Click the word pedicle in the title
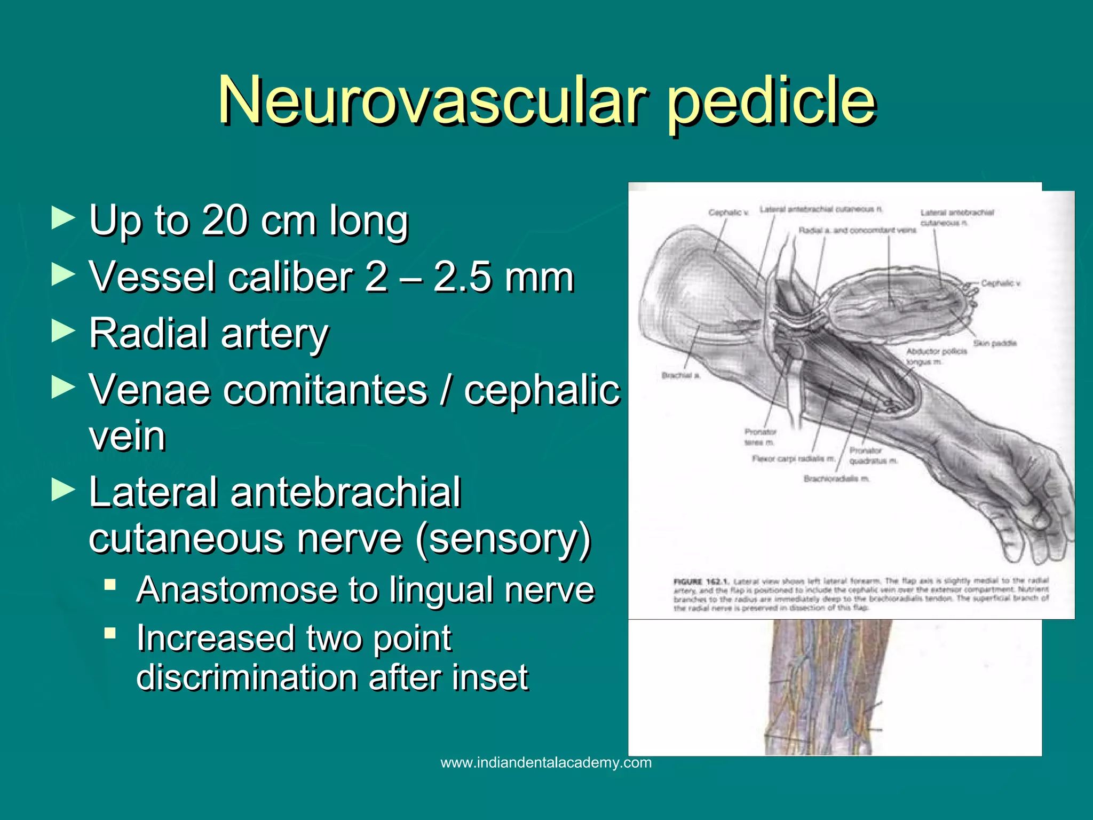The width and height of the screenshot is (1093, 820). click(x=772, y=100)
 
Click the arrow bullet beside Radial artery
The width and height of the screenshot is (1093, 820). click(x=63, y=332)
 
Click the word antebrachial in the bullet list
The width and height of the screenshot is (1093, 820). click(x=346, y=492)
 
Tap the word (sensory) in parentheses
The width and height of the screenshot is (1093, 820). click(x=503, y=538)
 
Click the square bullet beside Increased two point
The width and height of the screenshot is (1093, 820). click(x=110, y=633)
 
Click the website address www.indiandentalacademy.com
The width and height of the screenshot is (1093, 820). click(x=546, y=762)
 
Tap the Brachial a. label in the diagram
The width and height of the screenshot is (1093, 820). click(x=680, y=375)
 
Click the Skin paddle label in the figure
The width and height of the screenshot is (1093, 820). click(x=995, y=343)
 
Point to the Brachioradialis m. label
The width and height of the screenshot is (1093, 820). click(x=836, y=479)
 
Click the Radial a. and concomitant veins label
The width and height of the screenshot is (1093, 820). click(x=857, y=230)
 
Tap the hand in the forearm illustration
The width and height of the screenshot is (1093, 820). click(x=1025, y=512)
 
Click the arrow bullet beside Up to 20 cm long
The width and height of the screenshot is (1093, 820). click(x=63, y=218)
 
